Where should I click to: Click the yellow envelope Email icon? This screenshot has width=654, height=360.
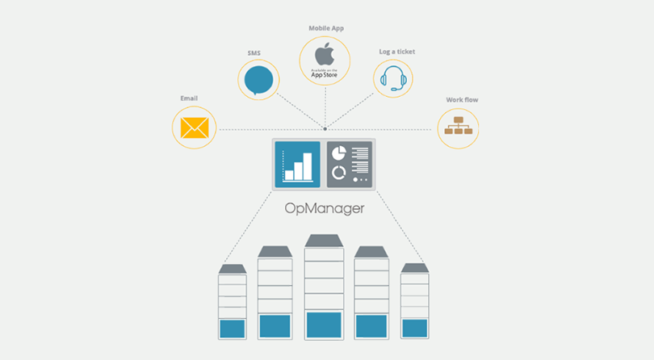tap(195, 128)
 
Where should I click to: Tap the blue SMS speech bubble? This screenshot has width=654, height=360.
tap(258, 81)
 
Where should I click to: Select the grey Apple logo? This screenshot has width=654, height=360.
tap(325, 54)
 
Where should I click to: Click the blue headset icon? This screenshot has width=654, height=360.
tap(393, 78)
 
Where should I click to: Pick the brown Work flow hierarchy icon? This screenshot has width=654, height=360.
tap(459, 126)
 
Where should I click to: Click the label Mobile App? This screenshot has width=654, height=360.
tap(326, 28)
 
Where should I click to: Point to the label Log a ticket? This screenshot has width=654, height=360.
tap(397, 52)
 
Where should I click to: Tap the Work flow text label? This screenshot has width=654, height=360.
tap(462, 100)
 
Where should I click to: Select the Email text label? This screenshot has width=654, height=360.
tap(189, 98)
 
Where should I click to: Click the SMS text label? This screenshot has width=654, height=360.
tap(254, 53)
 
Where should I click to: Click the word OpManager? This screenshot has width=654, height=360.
tap(325, 208)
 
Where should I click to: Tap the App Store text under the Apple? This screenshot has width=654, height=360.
tap(324, 75)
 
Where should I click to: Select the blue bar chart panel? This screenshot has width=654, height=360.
tap(297, 165)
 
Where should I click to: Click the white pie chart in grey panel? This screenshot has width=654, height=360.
tap(338, 153)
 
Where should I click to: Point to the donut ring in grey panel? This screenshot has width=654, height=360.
tap(338, 173)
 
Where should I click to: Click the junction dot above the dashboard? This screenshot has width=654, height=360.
tap(325, 129)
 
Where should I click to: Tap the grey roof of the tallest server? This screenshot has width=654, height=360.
tap(324, 241)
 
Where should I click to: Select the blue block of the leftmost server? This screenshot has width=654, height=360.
tap(233, 329)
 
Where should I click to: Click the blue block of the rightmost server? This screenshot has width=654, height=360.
tap(414, 329)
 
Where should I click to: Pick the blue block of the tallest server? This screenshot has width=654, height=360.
tap(324, 325)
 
